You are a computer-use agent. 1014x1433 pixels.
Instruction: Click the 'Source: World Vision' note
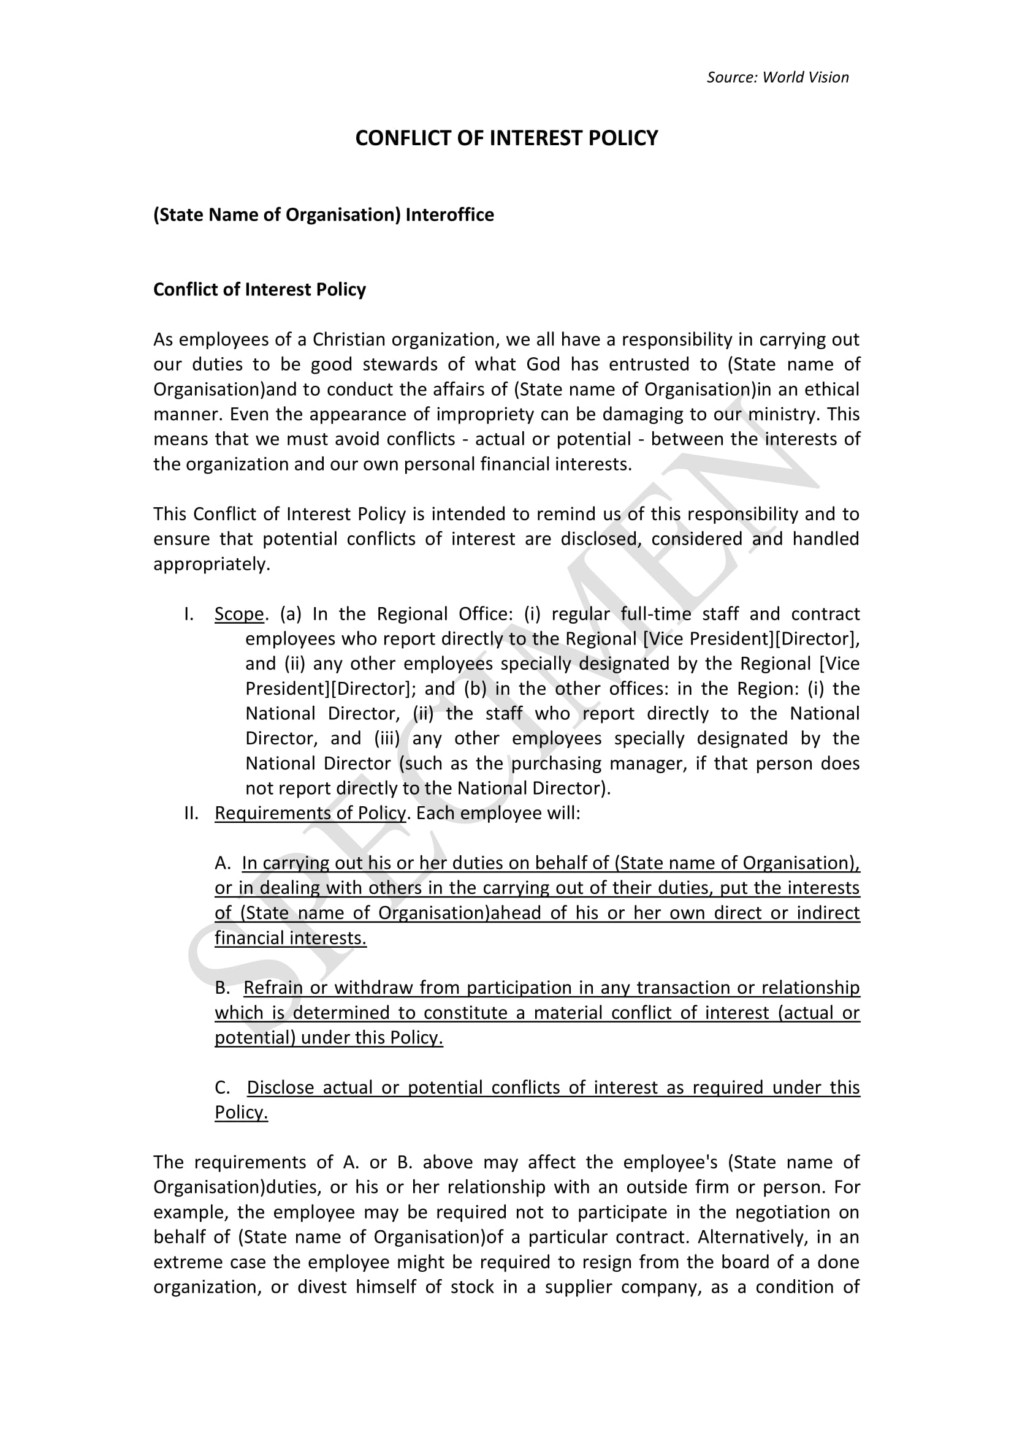click(777, 77)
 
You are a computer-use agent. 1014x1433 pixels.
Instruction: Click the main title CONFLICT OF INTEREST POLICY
click(506, 138)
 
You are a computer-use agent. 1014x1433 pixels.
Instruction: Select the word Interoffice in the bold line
click(449, 214)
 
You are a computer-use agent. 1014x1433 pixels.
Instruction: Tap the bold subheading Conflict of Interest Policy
click(259, 290)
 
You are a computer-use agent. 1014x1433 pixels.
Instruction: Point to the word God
click(543, 365)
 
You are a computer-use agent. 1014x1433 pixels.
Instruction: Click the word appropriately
click(212, 564)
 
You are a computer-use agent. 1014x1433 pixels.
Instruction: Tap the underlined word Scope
click(239, 614)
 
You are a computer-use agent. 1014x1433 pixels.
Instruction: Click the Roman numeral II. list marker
click(191, 813)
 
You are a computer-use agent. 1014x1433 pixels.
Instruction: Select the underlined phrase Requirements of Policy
click(310, 813)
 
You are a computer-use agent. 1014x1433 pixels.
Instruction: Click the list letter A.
click(223, 863)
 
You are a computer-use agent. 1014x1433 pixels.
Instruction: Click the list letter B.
click(223, 988)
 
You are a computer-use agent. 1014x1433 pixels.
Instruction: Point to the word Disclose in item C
click(280, 1088)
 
